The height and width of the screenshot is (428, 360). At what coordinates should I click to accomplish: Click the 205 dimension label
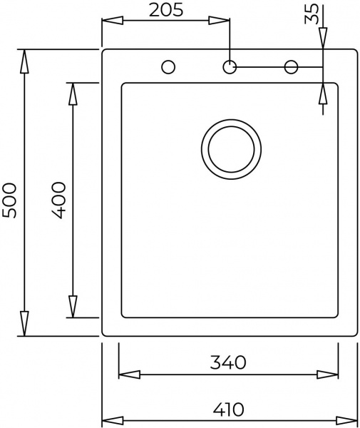[166, 10]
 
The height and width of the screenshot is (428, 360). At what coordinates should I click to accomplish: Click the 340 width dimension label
[227, 362]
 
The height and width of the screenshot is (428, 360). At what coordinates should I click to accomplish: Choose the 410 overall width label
[227, 409]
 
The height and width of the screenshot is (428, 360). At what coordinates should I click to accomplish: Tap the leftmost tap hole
[169, 67]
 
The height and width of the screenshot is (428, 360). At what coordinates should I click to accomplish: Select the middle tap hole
[230, 67]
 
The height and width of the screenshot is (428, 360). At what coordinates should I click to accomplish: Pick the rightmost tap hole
[291, 67]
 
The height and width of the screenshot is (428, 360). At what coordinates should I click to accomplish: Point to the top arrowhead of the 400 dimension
[73, 93]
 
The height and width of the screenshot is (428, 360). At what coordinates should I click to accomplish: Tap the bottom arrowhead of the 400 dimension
[73, 307]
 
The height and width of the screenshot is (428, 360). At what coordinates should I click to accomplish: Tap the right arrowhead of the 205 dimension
[220, 21]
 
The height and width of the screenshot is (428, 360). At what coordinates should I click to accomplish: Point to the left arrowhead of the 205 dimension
[112, 21]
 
